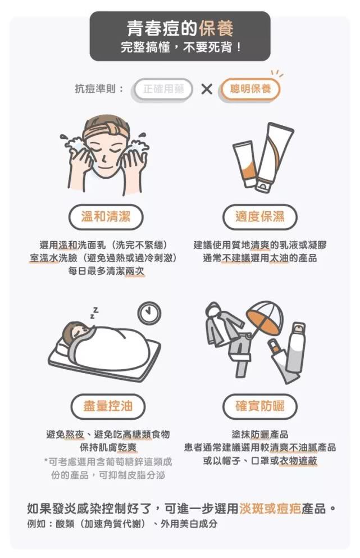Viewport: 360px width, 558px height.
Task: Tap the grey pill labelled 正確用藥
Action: pos(163,89)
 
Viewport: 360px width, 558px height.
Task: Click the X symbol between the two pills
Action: pos(207,89)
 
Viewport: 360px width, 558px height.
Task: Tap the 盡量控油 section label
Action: pos(108,406)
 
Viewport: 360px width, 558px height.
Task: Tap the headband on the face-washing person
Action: pos(106,130)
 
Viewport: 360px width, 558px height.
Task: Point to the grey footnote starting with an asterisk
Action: pos(108,468)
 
